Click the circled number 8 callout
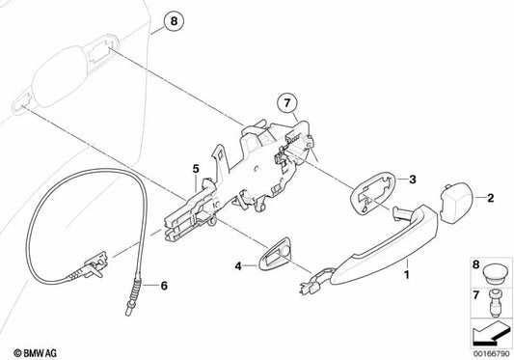pos(174,21)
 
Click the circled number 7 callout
pos(287,103)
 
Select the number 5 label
pos(196,169)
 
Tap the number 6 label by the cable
pos(164,286)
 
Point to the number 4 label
pos(238,266)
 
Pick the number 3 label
pos(413,180)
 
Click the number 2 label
pos(491,198)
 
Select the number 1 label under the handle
pos(407,275)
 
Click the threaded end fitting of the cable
pos(134,295)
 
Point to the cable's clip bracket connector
pos(95,263)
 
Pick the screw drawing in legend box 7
pos(495,303)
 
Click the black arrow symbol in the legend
pos(492,333)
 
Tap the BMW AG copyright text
pos(35,353)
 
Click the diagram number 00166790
pos(492,354)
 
